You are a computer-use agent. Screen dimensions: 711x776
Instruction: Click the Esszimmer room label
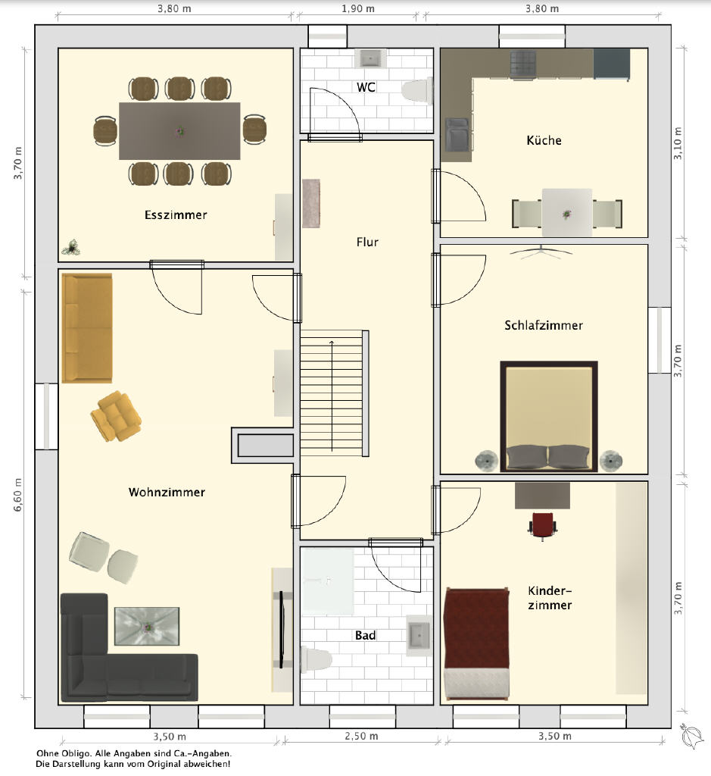(176, 214)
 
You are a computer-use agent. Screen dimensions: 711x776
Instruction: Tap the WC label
(366, 87)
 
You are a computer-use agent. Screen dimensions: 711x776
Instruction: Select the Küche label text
(544, 140)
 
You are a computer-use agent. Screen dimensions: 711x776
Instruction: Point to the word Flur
(367, 242)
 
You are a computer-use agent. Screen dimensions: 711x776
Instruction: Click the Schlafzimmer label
(544, 325)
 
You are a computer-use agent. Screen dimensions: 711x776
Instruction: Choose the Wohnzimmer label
(167, 492)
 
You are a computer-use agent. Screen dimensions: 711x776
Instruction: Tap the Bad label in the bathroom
(366, 636)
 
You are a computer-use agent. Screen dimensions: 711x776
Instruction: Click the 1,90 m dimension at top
(358, 9)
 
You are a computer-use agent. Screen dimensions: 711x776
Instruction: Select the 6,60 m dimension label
(18, 494)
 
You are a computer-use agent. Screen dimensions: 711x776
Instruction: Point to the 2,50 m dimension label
(361, 736)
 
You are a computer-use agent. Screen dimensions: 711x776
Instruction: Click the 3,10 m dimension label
(678, 143)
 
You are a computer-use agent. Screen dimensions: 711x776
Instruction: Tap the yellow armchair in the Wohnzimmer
(116, 416)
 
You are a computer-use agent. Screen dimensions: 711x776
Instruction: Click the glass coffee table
(147, 627)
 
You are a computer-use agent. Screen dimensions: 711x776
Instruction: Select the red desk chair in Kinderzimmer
(542, 526)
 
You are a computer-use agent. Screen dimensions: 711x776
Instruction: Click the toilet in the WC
(417, 92)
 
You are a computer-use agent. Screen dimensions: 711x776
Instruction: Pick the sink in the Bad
(419, 636)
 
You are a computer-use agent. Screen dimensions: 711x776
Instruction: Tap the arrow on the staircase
(332, 396)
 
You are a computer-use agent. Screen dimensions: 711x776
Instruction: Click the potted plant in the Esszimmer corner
(72, 248)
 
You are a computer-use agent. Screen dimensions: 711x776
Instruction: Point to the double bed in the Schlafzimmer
(549, 416)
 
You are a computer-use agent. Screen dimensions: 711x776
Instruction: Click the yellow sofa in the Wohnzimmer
(87, 328)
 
